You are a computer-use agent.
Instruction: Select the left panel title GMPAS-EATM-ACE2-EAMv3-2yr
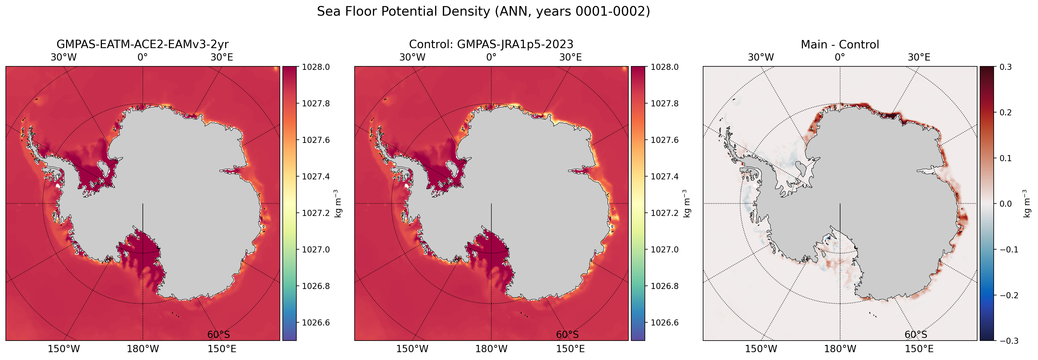coord(143,44)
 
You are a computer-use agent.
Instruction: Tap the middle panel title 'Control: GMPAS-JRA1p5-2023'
coord(491,44)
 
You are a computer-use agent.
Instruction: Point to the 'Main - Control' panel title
coord(840,44)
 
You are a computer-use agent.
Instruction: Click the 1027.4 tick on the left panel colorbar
coord(316,177)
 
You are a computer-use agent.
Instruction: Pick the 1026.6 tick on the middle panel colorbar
coord(665,323)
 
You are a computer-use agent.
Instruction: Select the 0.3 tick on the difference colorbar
coord(1006,67)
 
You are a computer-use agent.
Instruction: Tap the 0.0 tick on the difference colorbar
coord(1006,203)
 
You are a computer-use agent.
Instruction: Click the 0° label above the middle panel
coord(491,57)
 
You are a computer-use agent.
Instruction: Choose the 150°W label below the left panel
coord(64,349)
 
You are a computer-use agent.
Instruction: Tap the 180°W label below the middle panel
coord(491,349)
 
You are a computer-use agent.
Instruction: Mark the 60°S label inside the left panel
coord(218,334)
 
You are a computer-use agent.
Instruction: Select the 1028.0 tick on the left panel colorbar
coord(316,67)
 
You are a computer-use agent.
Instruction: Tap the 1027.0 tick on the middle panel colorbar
coord(665,250)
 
